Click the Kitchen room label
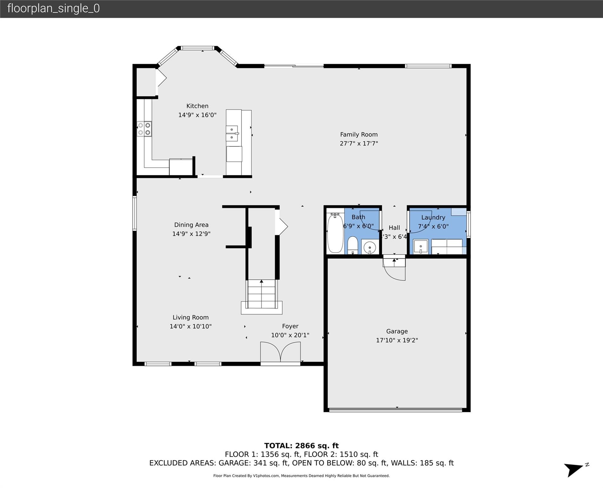197,106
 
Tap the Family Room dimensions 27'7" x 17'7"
359,144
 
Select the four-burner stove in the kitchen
144,129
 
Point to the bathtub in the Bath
335,234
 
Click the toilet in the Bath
353,245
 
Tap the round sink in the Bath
370,247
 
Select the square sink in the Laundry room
421,247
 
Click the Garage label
397,331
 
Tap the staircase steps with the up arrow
261,294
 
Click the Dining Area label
191,225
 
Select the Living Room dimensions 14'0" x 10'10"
190,327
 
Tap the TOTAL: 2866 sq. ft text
301,446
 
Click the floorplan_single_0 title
53,8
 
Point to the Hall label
394,228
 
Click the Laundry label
433,218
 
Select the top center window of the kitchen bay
197,48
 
